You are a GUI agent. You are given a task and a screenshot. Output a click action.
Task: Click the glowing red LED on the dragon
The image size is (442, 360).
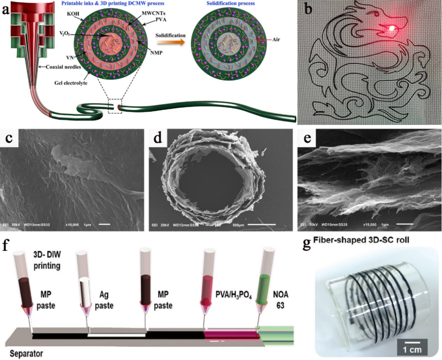point(391,28)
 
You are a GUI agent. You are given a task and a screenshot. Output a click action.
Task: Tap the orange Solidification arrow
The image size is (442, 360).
point(170,44)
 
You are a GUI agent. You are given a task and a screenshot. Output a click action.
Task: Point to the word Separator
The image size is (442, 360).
point(23,352)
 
